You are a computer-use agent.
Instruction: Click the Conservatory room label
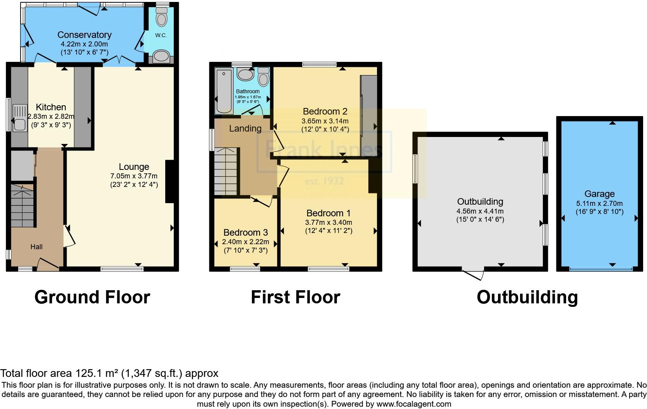(x=84, y=35)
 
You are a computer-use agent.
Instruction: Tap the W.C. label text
(x=161, y=35)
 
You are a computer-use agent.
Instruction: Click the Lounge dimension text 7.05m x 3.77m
(x=134, y=176)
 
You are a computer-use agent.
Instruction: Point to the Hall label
(x=36, y=246)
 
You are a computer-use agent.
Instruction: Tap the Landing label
(x=245, y=128)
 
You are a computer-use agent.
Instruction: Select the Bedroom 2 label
(x=325, y=111)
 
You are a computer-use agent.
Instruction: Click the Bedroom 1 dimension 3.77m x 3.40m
(x=328, y=222)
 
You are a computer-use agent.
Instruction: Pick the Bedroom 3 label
(x=246, y=233)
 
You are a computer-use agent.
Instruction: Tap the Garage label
(x=599, y=194)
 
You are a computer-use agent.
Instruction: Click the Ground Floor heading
(x=92, y=297)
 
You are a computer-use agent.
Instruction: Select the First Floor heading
(x=295, y=297)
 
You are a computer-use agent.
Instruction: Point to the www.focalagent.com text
(x=414, y=404)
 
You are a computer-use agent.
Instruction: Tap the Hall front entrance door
(x=48, y=265)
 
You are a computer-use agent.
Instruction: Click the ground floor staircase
(x=22, y=205)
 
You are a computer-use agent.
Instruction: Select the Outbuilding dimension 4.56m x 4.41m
(x=480, y=211)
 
